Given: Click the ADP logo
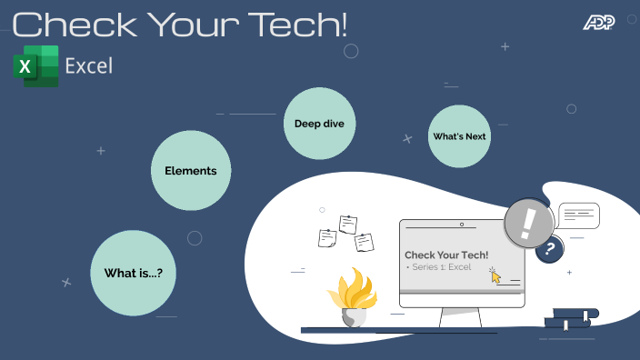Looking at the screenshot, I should click(x=598, y=22).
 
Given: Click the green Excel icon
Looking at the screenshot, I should click(x=35, y=65).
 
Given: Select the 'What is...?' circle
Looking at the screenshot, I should click(x=134, y=273).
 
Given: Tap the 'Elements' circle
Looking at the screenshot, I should click(x=190, y=170).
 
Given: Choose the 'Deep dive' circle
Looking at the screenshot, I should click(x=318, y=124).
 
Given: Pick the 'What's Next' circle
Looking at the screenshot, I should click(x=459, y=136).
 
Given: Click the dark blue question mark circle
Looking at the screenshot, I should click(x=549, y=249).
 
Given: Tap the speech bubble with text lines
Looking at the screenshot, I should click(x=579, y=216).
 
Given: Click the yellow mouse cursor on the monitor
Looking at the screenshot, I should click(x=495, y=275).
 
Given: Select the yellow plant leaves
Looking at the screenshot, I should click(x=352, y=290).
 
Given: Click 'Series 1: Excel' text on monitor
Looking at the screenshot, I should click(x=441, y=267).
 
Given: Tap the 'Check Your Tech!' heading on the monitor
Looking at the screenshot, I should click(x=446, y=255).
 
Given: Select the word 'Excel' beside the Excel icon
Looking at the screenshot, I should click(x=89, y=65).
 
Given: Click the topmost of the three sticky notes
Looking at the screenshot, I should click(x=347, y=224).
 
